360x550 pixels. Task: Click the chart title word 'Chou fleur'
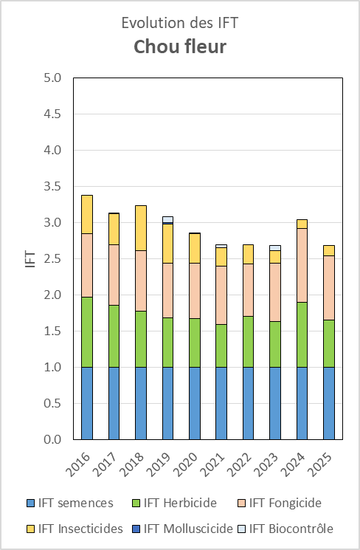(x=180, y=47)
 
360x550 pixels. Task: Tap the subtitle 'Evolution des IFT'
(x=180, y=23)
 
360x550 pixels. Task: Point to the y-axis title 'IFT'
(x=31, y=259)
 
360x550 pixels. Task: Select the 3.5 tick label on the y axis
(x=52, y=186)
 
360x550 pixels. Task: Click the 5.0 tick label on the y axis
(x=52, y=78)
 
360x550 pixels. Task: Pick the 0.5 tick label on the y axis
(x=52, y=403)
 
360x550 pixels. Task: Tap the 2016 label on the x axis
(x=77, y=464)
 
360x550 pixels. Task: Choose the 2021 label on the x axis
(x=212, y=464)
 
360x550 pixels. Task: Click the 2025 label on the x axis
(x=319, y=464)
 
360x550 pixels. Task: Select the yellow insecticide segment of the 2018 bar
(x=141, y=228)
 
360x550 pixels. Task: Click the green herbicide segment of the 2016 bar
(x=87, y=332)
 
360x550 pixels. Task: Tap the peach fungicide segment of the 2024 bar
(x=302, y=265)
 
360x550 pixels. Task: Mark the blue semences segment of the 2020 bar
(x=195, y=403)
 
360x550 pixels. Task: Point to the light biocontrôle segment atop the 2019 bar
(x=168, y=219)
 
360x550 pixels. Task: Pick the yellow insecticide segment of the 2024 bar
(x=302, y=224)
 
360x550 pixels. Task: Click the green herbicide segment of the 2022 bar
(x=248, y=342)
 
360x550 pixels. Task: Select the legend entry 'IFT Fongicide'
(x=280, y=503)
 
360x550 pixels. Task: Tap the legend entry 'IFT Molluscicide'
(x=183, y=529)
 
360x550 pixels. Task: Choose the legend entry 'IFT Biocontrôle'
(x=285, y=529)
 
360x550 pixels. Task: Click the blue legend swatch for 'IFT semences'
(x=31, y=503)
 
